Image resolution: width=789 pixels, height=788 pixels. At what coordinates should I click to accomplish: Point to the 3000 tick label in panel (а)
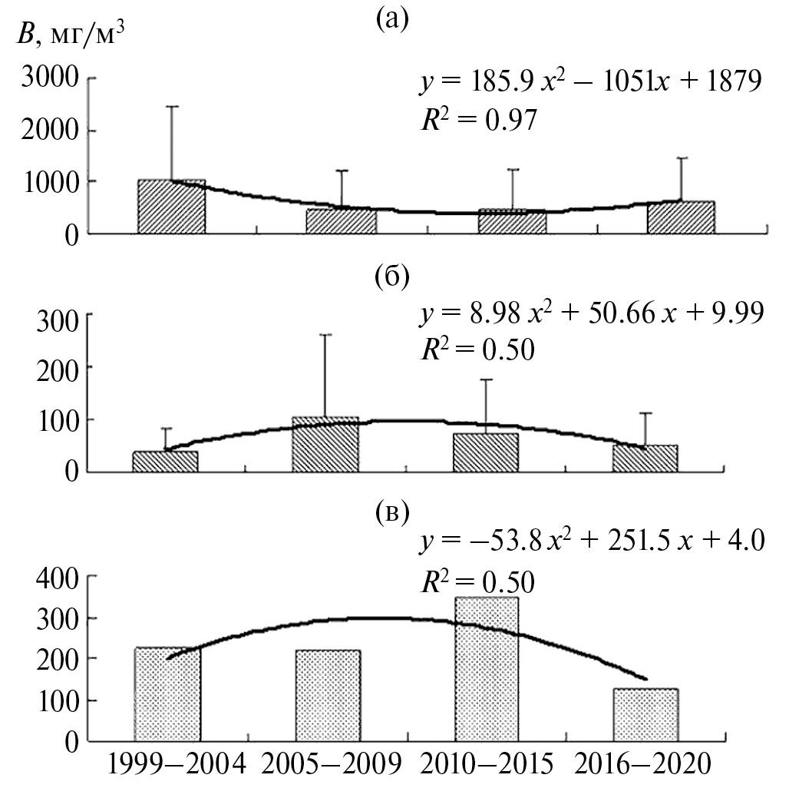coord(53,80)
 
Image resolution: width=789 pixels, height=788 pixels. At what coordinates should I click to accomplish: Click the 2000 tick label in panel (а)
coord(53,131)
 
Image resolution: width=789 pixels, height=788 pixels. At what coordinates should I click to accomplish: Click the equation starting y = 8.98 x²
coord(590,316)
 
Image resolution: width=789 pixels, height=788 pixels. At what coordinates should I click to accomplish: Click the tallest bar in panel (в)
coord(486,668)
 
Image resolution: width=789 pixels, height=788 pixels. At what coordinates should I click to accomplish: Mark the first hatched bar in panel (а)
coord(171,207)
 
